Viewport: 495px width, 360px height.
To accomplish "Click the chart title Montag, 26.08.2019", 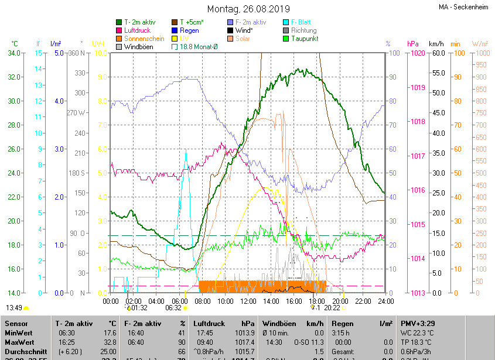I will pos(248,9).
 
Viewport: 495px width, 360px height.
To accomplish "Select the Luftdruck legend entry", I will pos(137,30).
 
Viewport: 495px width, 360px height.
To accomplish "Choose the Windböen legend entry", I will pos(139,47).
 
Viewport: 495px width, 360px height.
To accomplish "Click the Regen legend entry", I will pos(189,30).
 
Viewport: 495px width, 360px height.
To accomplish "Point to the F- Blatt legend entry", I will pos(301,22).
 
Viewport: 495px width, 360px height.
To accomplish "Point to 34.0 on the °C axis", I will pos(14,53).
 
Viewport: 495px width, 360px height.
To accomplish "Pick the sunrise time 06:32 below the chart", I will pos(173,307).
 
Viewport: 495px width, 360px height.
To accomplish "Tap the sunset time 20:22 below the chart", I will pos(332,307).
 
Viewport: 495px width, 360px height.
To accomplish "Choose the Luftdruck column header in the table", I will pos(208,323).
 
